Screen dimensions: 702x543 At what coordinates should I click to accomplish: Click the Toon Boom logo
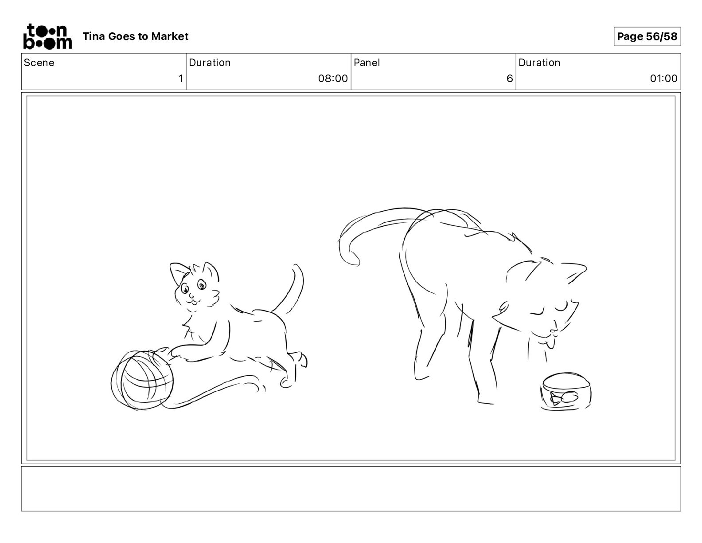48,36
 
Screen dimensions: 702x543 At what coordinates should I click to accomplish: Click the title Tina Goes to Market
135,36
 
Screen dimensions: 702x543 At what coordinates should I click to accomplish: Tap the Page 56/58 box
647,36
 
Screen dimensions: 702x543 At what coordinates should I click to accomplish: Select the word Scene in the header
39,63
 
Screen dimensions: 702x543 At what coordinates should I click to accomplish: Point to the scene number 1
181,78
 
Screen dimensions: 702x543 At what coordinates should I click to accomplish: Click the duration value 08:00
333,78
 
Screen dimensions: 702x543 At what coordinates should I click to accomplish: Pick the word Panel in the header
367,63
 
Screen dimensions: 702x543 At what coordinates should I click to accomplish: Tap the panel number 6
510,78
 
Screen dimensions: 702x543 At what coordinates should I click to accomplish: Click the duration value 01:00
663,78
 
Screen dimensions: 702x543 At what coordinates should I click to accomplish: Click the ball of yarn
142,380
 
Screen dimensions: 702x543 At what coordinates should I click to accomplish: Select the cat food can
565,392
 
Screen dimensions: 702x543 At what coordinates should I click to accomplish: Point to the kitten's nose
191,295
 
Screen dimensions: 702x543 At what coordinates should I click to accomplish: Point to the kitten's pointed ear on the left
179,272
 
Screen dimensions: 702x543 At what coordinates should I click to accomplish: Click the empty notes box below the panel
351,489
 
